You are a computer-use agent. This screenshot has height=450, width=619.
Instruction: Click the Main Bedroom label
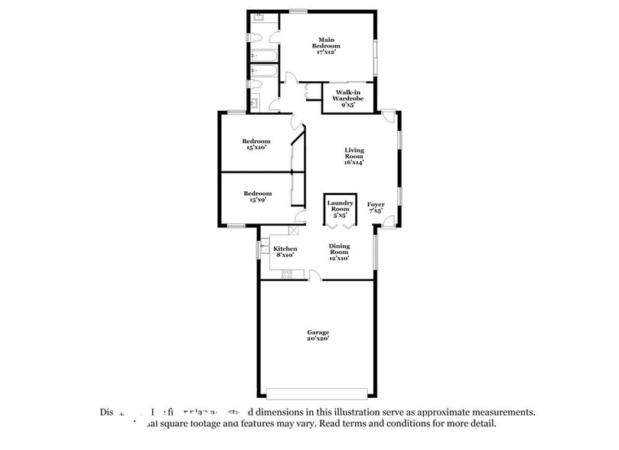[327, 45]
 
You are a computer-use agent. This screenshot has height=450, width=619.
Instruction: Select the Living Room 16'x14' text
[353, 156]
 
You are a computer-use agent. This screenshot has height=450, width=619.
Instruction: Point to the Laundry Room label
[340, 209]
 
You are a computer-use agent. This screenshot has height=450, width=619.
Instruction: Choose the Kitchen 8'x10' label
[285, 252]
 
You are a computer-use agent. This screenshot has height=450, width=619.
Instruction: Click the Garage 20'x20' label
[318, 336]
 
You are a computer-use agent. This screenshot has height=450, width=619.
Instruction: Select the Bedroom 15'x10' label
[256, 144]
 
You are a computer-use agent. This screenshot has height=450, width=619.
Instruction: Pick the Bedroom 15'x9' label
[257, 197]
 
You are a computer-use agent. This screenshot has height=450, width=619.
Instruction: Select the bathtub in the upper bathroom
[265, 56]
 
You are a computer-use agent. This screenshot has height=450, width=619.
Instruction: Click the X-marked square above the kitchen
[294, 230]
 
